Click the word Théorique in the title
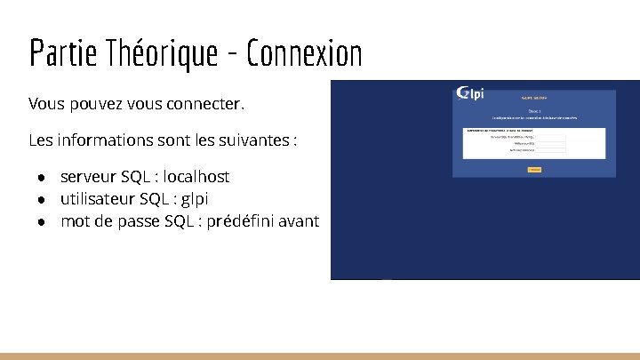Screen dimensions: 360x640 pos(159,53)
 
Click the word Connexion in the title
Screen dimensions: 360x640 pos(304,53)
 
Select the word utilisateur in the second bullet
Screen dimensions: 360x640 pos(98,199)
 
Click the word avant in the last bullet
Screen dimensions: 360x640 pos(299,221)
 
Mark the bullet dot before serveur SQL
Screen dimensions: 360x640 pos(41,176)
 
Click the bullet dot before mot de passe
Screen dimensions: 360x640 pos(41,221)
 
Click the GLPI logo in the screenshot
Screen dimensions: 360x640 pos(470,93)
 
